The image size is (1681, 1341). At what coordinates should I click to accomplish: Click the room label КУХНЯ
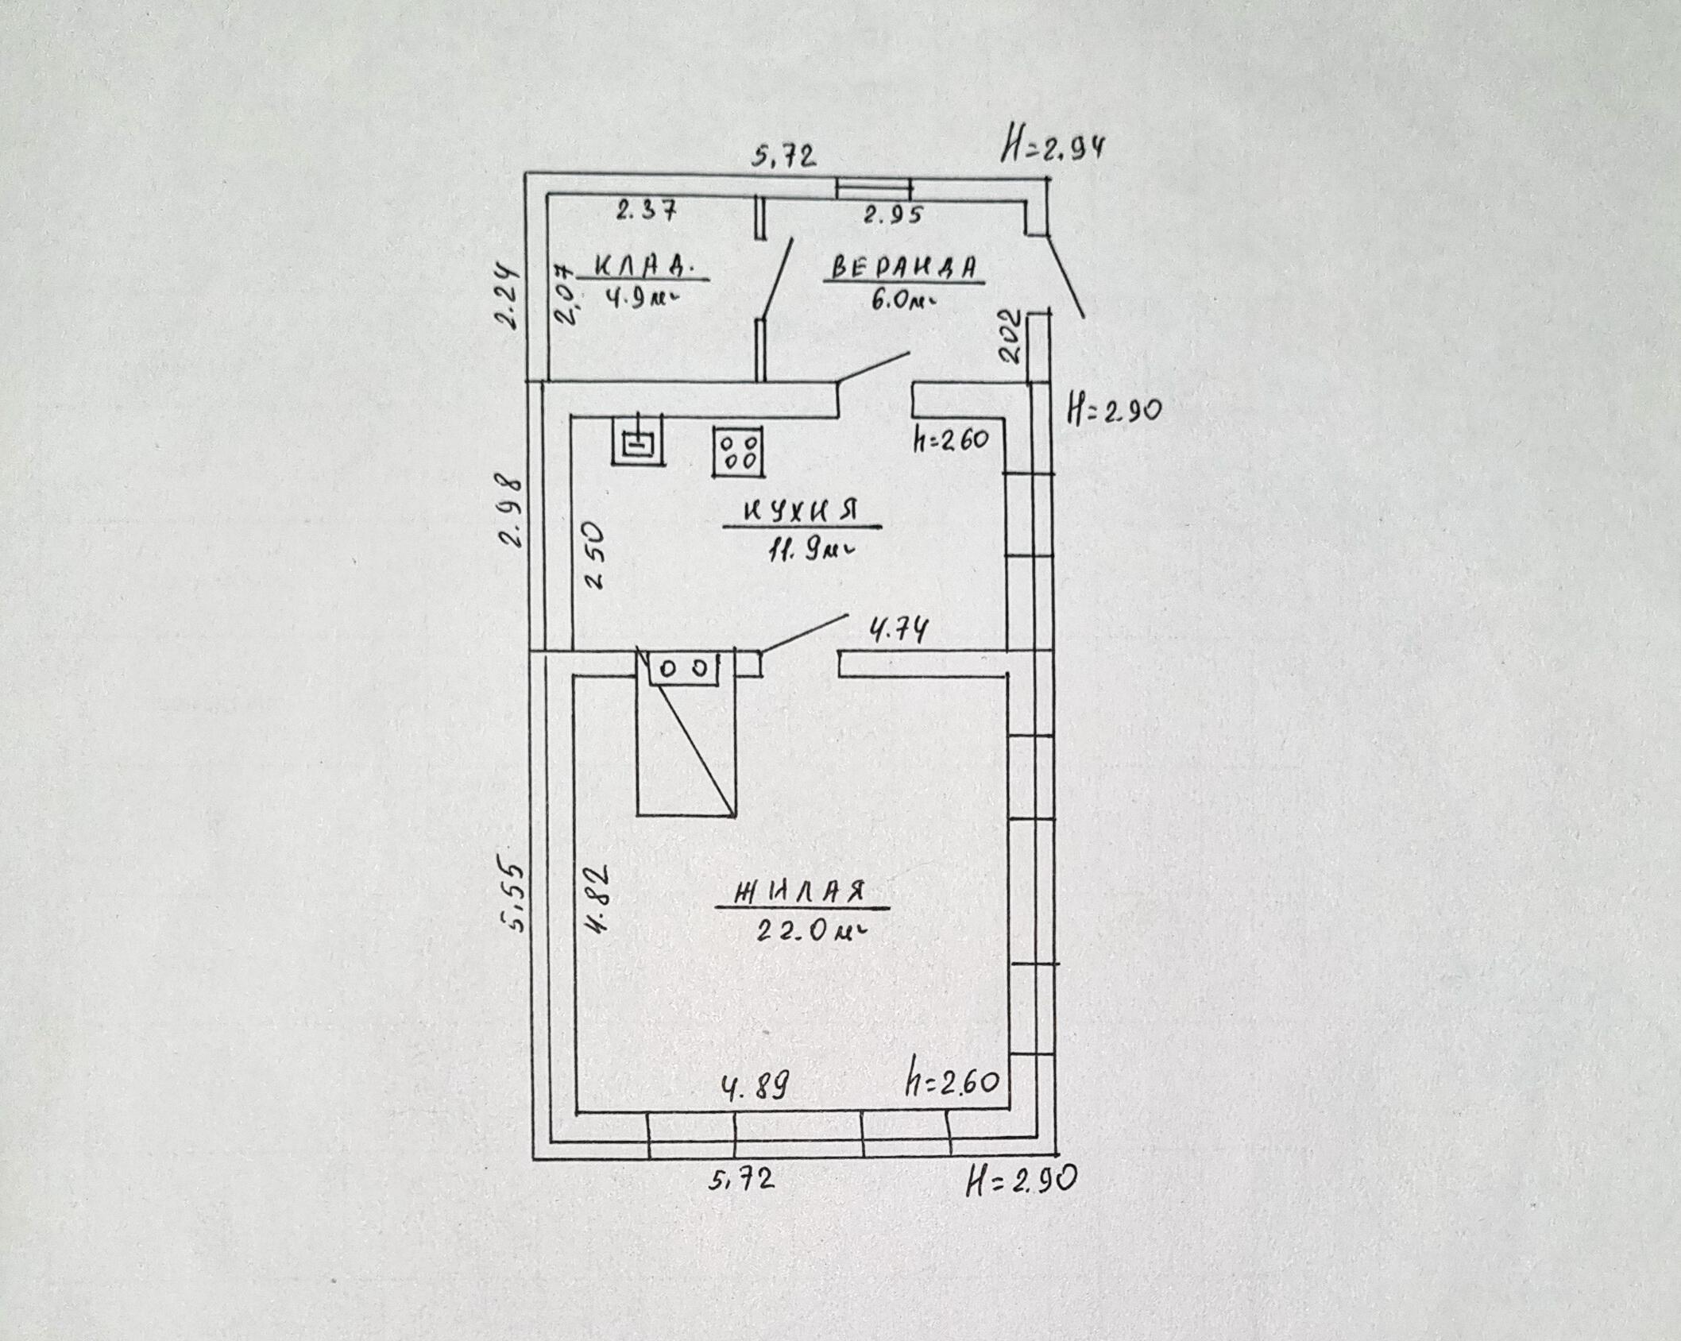coord(801,511)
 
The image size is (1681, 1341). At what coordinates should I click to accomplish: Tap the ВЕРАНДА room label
coord(903,268)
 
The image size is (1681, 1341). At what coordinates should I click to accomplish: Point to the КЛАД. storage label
coord(643,265)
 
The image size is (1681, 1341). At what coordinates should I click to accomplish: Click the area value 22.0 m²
coord(809,930)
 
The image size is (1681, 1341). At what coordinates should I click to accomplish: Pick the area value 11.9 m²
coord(809,551)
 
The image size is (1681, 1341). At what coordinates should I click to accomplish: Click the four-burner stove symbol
coord(739,452)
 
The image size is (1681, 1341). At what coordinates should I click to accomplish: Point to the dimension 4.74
coord(898,632)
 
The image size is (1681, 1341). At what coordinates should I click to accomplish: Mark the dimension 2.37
coord(645,211)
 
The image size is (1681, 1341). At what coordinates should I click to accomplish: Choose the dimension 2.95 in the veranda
coord(894,214)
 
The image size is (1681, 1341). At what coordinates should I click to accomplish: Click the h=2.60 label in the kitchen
coord(950,439)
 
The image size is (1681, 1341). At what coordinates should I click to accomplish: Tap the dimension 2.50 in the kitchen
coord(596,554)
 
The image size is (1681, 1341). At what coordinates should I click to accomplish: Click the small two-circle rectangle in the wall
coord(684,668)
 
